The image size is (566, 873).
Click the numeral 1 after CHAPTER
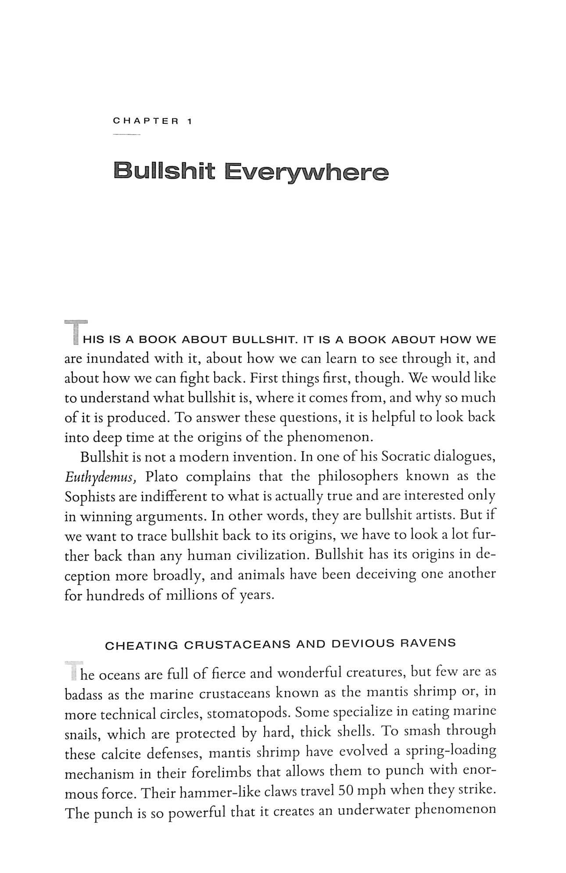[x=189, y=121]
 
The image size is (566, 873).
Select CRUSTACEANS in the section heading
[x=237, y=645]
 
